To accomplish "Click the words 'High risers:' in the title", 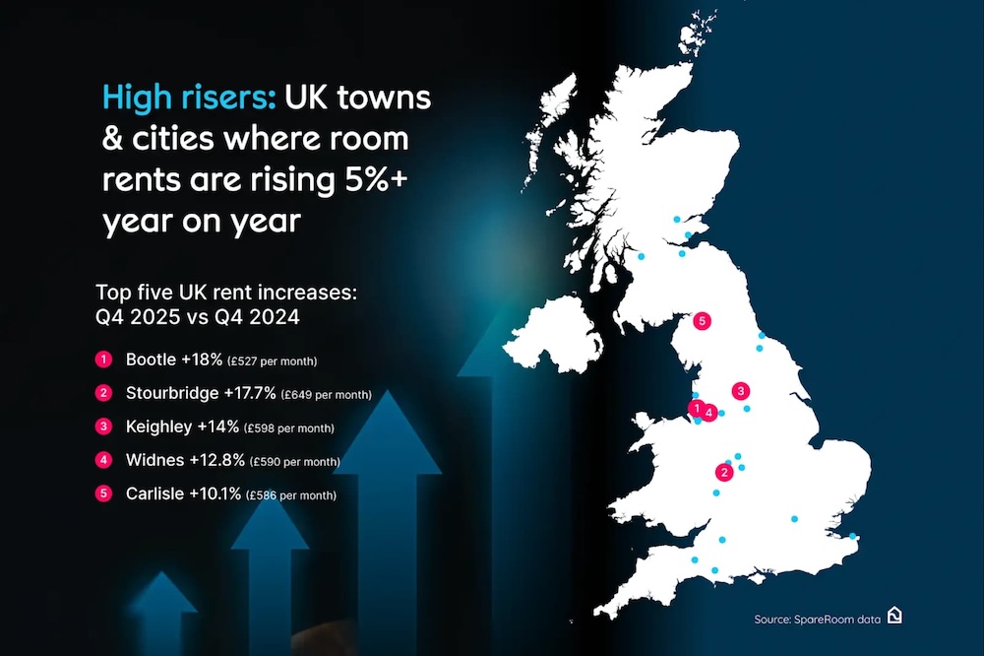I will point(189,99).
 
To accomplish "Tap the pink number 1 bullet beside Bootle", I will point(102,360).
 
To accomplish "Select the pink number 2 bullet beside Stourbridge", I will point(102,394).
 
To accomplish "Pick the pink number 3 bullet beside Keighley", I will point(102,427).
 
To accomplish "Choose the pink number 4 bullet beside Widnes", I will point(102,460).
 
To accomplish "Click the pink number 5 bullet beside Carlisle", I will point(102,494).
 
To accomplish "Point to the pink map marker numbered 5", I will point(702,320).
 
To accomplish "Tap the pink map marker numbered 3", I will point(741,390).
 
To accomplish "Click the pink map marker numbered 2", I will point(725,473).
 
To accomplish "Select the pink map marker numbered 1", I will point(696,408).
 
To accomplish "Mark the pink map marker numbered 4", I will point(709,414).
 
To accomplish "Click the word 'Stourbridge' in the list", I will point(172,393).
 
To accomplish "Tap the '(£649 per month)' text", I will point(326,395).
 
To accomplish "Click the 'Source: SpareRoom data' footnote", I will point(816,619).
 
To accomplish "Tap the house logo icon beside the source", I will point(894,616).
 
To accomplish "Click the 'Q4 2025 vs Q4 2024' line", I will point(197,316).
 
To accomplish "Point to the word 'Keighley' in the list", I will point(158,426).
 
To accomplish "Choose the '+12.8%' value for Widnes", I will point(220,460).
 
